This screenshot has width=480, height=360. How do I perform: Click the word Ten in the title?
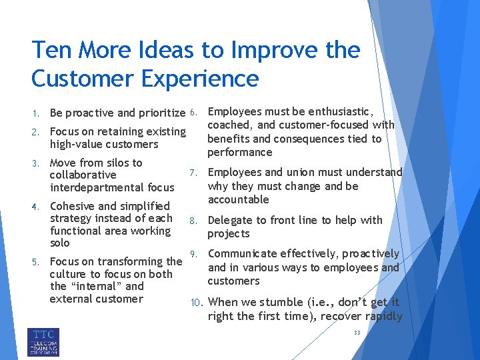coord(53,50)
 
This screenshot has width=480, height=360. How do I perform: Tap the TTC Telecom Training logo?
coord(43,341)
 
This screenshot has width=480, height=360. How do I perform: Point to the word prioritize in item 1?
coord(157,113)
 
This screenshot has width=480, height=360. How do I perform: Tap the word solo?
coord(60,243)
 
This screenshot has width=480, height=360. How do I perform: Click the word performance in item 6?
coord(239,152)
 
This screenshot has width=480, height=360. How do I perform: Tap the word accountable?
coord(239,199)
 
